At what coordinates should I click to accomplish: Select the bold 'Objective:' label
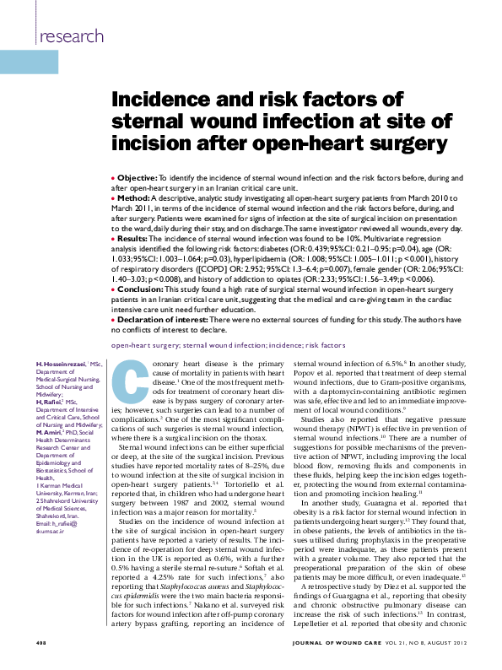click(137, 179)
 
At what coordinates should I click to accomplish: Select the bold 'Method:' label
click(133, 197)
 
